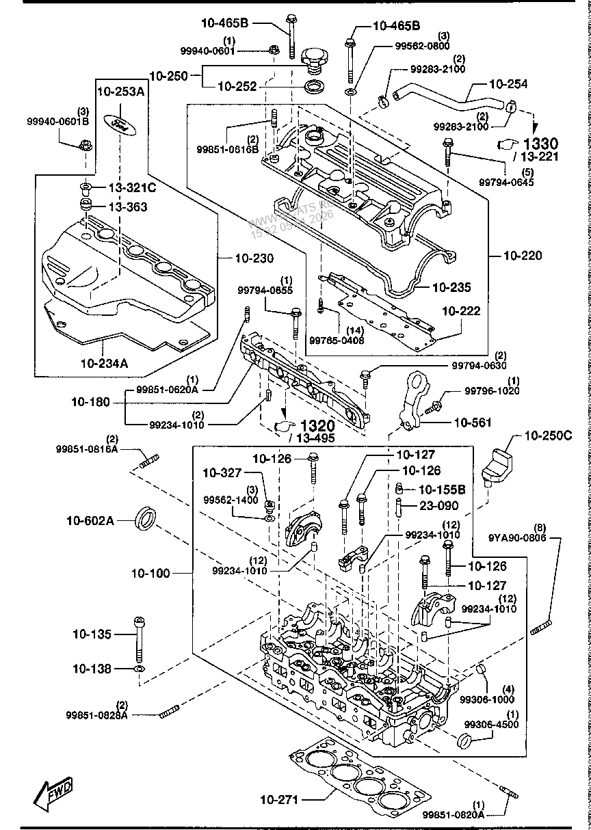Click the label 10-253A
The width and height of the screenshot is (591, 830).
coord(120,91)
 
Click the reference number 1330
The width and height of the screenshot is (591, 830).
coord(541,144)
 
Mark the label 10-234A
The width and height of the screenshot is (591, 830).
coord(104,364)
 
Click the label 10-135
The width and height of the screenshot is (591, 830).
coord(92,634)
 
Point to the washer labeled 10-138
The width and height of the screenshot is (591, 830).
coord(140,668)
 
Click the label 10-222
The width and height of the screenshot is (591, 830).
coord(460,311)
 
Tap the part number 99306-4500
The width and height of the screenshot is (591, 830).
coord(491,724)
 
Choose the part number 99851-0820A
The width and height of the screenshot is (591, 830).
coord(453,814)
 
